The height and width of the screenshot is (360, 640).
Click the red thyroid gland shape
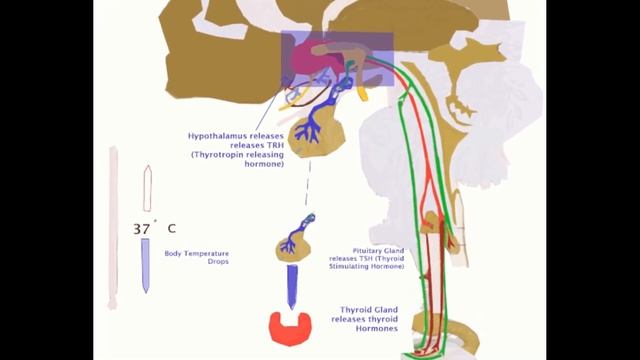(x=291, y=326)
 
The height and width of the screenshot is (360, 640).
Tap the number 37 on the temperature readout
(x=140, y=229)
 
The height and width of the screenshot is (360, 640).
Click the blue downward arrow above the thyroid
(x=293, y=287)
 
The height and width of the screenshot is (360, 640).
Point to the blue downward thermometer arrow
(x=145, y=264)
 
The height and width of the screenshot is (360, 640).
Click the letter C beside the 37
(x=171, y=229)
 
